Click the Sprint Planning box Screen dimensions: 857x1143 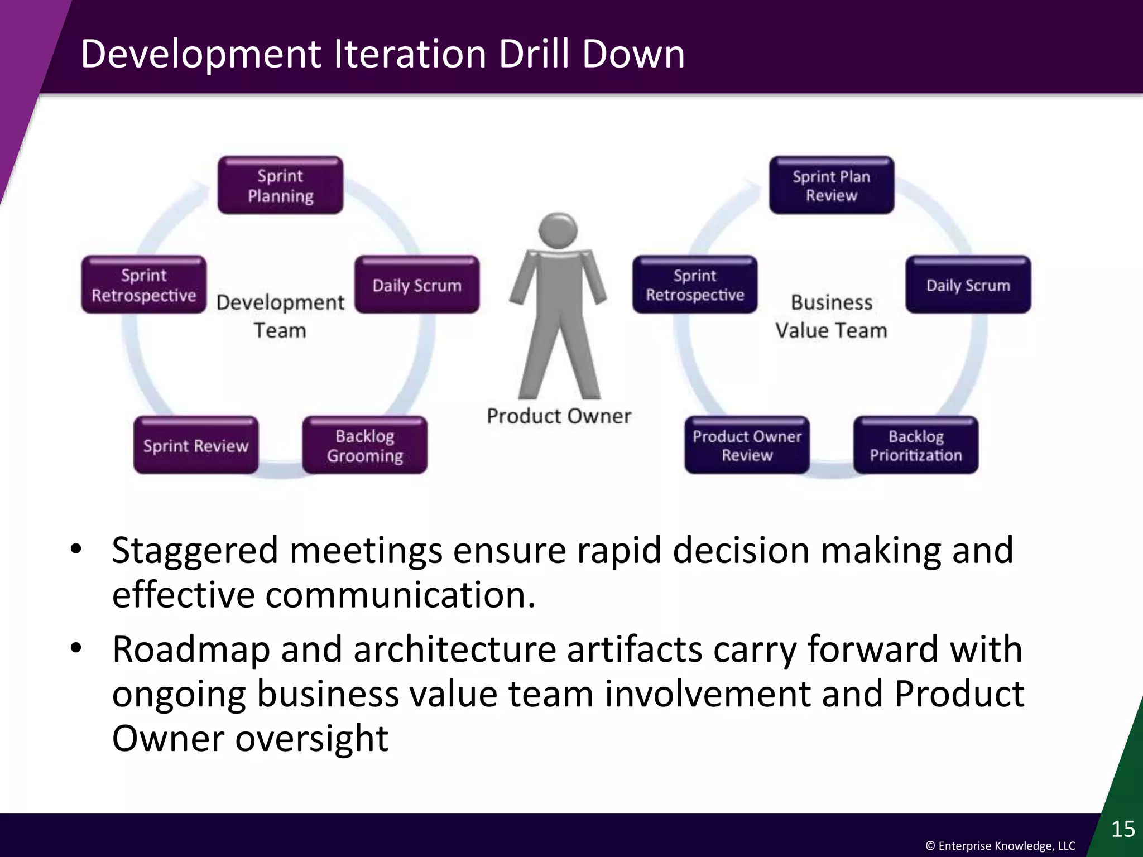(280, 185)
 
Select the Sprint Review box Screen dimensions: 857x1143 (196, 445)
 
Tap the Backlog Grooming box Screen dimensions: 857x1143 (364, 445)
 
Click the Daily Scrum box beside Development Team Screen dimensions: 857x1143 (417, 285)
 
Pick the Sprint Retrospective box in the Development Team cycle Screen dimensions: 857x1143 (144, 285)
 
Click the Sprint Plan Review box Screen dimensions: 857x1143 (831, 185)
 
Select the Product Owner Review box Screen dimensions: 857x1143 (747, 445)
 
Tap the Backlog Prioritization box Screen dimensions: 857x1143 (915, 445)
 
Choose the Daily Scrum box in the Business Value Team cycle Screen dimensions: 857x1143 (968, 285)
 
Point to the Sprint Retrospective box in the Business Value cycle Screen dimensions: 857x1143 (695, 285)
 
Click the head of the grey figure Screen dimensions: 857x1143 (558, 229)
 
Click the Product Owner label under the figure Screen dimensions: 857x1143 (559, 416)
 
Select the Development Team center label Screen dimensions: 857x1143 (280, 316)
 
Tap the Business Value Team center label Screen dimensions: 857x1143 (831, 316)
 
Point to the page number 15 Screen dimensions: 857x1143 (1122, 829)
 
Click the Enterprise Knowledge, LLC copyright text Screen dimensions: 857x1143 (1000, 846)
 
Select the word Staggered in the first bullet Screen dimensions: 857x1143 (195, 551)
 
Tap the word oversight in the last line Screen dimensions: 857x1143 (311, 739)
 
